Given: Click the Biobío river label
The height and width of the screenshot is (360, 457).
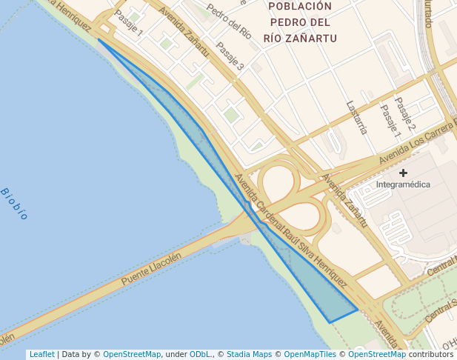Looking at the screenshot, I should click(x=14, y=204).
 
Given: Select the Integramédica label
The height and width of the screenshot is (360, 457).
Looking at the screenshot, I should click(x=403, y=184).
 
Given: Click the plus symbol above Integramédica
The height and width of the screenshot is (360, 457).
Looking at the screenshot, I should click(x=403, y=173).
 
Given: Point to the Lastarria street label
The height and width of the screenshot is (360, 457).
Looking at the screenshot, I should click(x=356, y=118).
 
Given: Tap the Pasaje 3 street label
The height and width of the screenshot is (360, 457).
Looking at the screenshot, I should click(x=230, y=56).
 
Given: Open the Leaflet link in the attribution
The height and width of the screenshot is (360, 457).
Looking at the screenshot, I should click(x=41, y=355).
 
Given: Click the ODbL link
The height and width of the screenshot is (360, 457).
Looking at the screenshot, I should click(x=199, y=355).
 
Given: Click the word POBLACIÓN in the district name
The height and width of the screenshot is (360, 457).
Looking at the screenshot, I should click(x=299, y=7).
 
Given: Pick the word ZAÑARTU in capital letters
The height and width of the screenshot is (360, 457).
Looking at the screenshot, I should click(x=311, y=38).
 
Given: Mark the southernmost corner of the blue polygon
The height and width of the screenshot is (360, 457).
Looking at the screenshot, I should click(x=329, y=322).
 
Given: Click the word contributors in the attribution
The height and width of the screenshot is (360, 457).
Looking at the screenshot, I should click(x=431, y=355).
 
